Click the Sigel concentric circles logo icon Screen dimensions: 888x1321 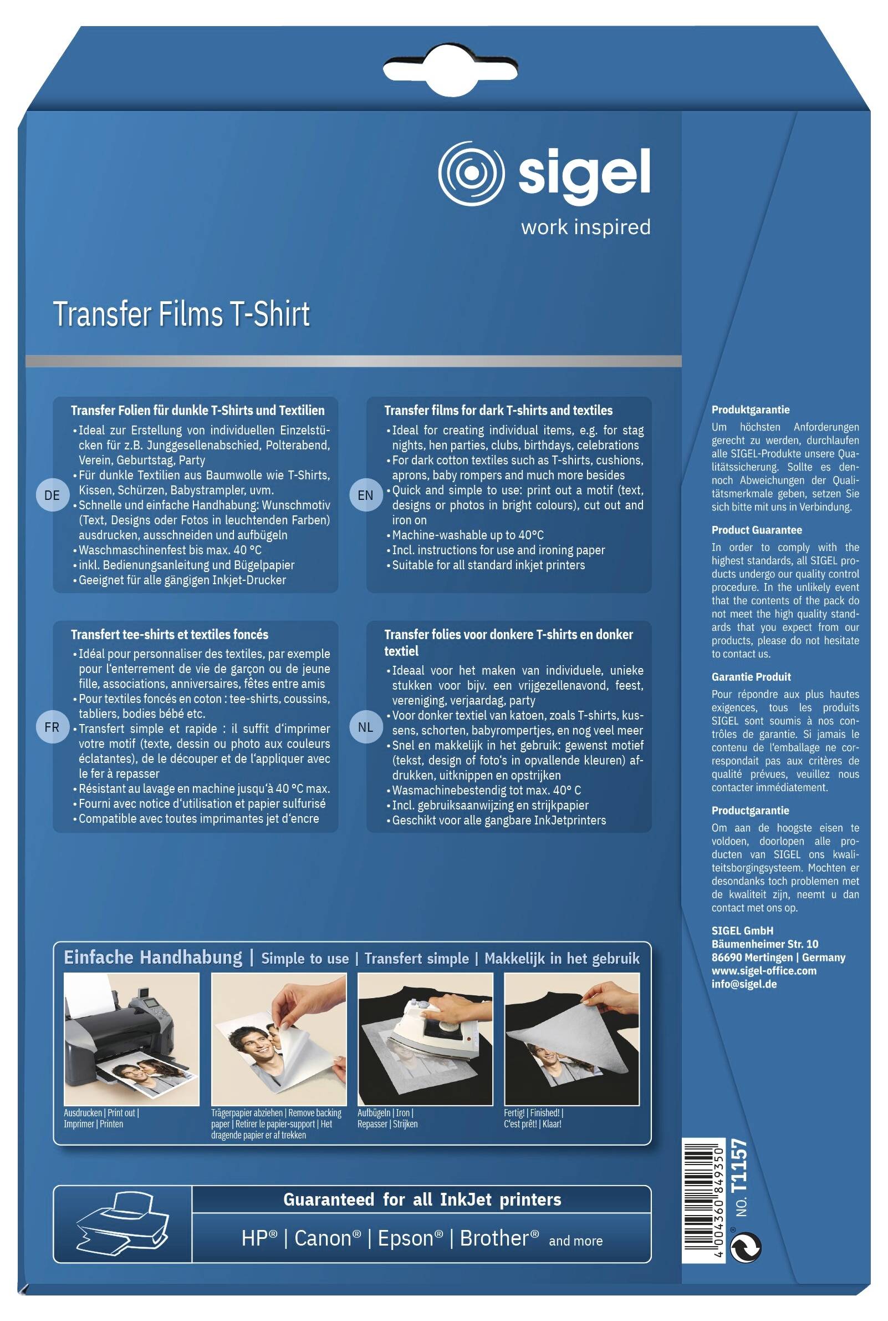[471, 173]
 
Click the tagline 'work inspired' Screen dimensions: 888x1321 [585, 227]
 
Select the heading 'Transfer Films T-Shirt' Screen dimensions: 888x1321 [181, 314]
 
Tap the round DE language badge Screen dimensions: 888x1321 [52, 495]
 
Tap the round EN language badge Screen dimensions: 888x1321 [366, 495]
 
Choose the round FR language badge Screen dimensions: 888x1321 [52, 727]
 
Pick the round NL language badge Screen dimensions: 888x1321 [366, 727]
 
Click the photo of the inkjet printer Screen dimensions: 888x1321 [131, 1039]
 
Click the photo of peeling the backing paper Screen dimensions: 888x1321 [279, 1039]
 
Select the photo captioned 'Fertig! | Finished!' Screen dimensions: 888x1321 [572, 1039]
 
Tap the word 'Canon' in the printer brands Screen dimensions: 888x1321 [328, 1238]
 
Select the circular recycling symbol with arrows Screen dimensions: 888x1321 [746, 1248]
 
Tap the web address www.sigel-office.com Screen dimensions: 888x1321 [764, 971]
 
